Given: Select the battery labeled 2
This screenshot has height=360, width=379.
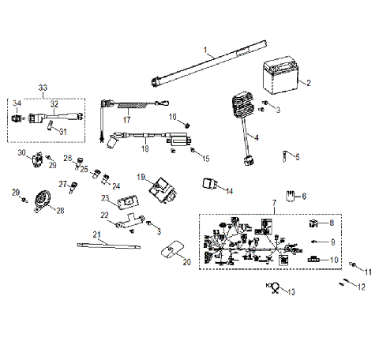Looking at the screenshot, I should (280, 80).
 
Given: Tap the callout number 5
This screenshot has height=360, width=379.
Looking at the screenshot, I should (298, 156).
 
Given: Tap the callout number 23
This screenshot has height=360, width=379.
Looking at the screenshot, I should (105, 197).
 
